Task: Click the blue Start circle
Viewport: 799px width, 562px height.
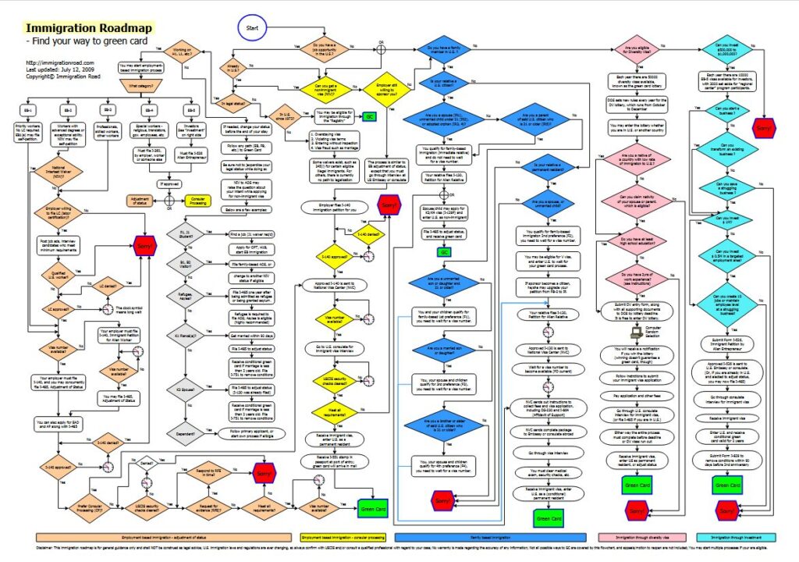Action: (252, 28)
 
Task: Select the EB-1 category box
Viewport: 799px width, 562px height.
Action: (28, 108)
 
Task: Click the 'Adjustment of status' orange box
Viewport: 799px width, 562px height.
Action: (140, 199)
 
